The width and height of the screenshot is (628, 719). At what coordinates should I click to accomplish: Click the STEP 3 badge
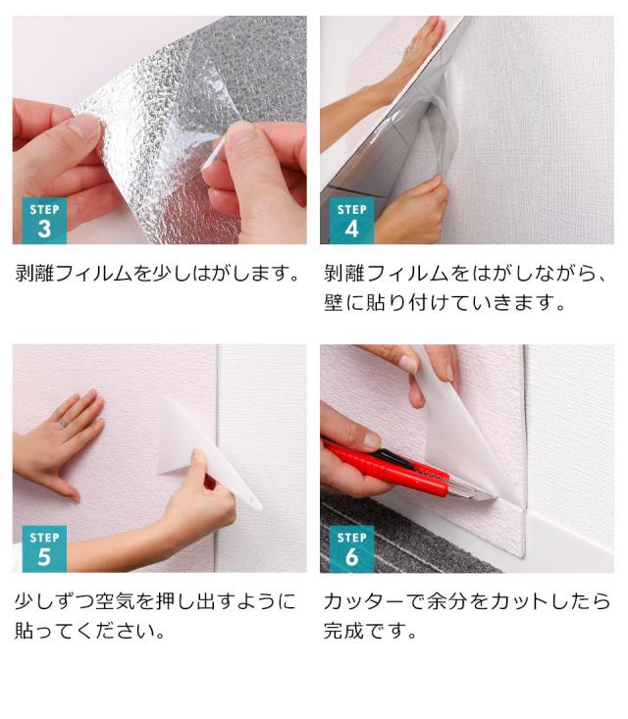(x=44, y=221)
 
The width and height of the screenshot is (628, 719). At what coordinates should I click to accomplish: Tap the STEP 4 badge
(x=351, y=221)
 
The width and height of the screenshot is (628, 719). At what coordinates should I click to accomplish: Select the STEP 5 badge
(x=44, y=548)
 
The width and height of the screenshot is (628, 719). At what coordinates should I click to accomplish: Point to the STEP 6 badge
(x=351, y=548)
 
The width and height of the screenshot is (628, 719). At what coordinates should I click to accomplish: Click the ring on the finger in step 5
(x=61, y=423)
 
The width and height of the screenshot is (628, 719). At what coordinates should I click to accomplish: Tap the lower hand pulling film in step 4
(x=412, y=211)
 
